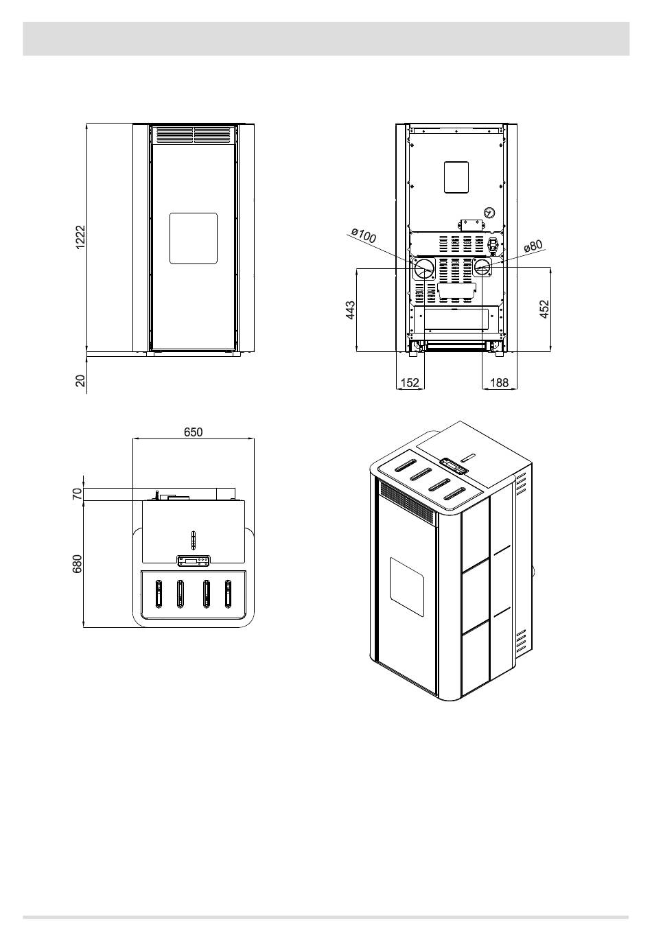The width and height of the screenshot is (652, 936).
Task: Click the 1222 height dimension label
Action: pos(80,237)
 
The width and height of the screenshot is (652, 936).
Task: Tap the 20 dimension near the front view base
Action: pos(80,381)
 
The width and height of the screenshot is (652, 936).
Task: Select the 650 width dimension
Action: pos(193,432)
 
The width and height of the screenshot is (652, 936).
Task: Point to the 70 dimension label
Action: pos(78,494)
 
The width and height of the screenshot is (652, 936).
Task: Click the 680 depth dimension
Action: pos(78,564)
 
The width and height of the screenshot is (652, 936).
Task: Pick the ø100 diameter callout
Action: pos(364,235)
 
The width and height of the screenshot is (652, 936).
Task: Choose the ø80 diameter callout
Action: pos(533,245)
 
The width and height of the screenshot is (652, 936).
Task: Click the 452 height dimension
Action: pos(544,309)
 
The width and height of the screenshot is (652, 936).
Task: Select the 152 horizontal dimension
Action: pos(410,382)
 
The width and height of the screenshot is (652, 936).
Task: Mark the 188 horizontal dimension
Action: pos(499,382)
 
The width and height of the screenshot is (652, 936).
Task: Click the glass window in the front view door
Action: pos(194,238)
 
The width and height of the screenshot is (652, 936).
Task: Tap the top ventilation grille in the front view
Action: pos(194,136)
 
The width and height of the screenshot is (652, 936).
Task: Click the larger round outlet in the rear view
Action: pos(424,269)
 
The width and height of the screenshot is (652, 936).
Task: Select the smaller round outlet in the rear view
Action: pos(482,266)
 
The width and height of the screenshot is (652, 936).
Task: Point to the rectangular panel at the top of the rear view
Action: pos(456,177)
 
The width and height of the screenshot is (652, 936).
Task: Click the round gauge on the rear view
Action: pos(489,213)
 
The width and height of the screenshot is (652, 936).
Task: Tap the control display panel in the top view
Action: pos(194,561)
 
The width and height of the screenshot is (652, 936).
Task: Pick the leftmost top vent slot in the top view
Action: pos(159,594)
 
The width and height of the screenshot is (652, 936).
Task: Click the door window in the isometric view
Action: pos(407,587)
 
